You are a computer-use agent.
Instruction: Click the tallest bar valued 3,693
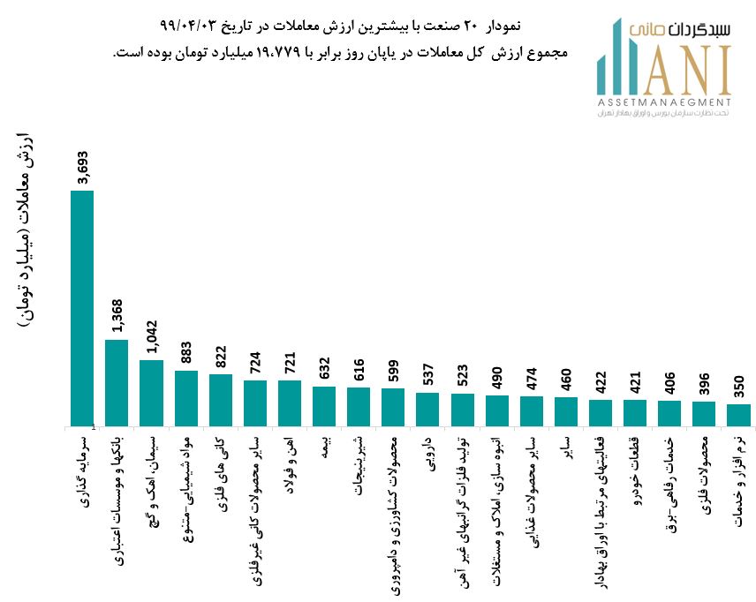(82, 308)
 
